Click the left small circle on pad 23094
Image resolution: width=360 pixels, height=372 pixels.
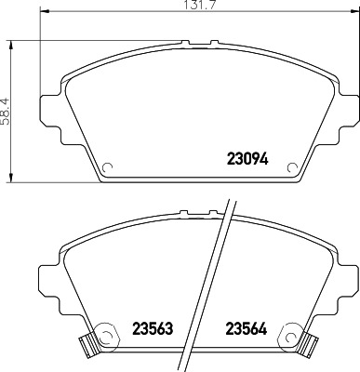pos(106,168)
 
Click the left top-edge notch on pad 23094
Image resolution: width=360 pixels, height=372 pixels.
pos(190,42)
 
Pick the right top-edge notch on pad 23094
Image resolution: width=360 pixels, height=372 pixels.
pos(215,42)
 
